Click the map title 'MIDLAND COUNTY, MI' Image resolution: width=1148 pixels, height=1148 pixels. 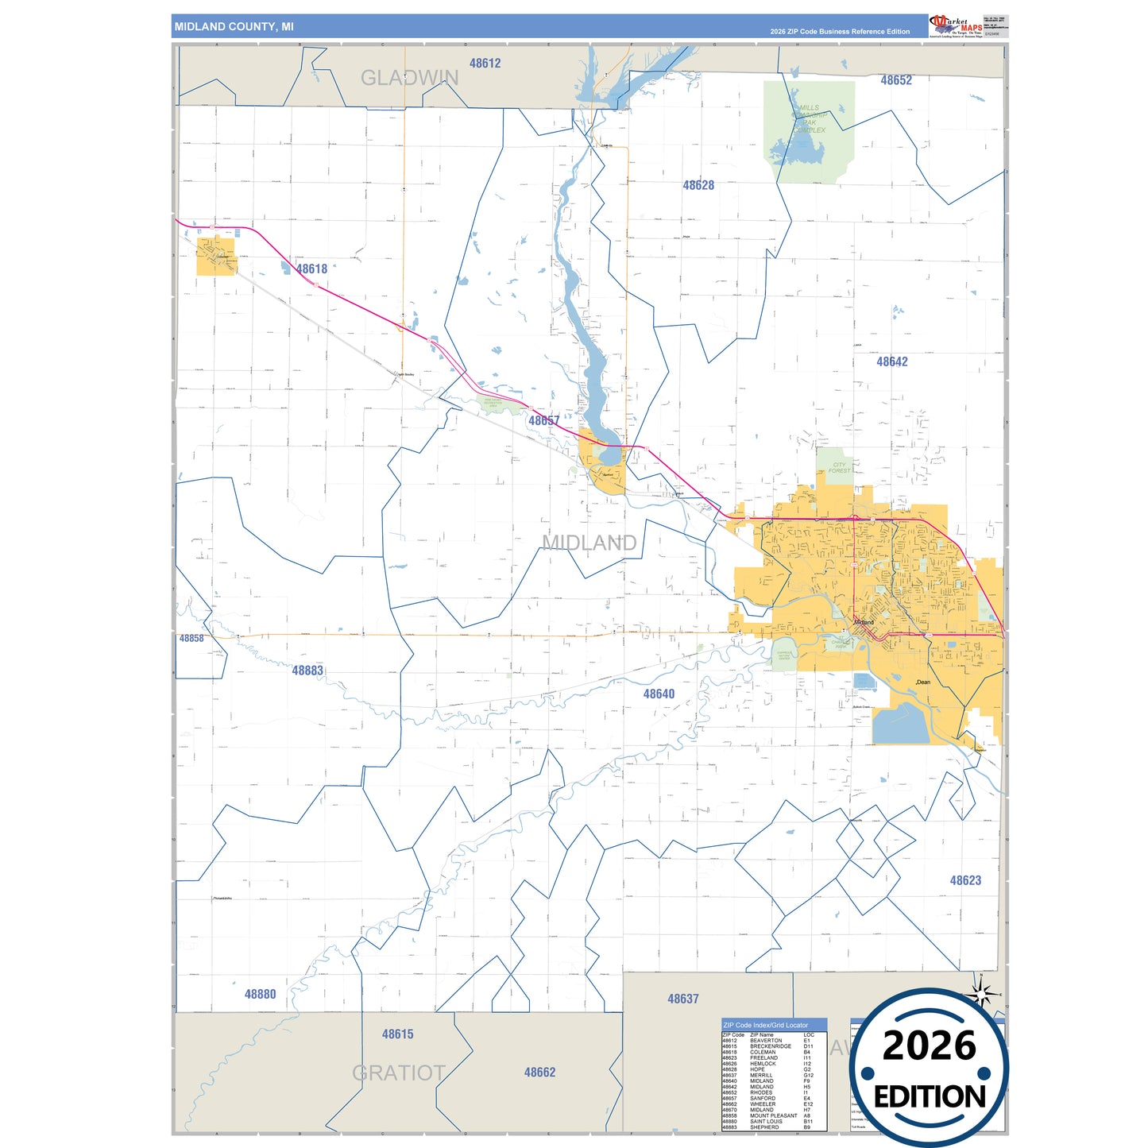pyautogui.click(x=234, y=27)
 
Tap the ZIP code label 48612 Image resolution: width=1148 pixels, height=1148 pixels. pyautogui.click(x=485, y=64)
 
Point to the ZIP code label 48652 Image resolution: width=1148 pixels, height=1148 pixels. pyautogui.click(x=895, y=80)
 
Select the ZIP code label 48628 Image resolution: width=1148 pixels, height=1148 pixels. pyautogui.click(x=698, y=185)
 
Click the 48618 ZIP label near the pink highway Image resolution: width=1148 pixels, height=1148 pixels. pyautogui.click(x=311, y=269)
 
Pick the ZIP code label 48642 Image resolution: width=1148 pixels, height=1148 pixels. pyautogui.click(x=891, y=361)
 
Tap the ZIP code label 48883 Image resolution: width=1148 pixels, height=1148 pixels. pyautogui.click(x=307, y=671)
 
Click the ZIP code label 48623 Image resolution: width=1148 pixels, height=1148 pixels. pyautogui.click(x=965, y=880)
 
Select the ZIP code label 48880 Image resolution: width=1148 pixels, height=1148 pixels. pyautogui.click(x=260, y=994)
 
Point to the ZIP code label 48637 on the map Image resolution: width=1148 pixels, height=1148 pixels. pyautogui.click(x=682, y=999)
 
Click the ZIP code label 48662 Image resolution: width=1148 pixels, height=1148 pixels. pyautogui.click(x=539, y=1072)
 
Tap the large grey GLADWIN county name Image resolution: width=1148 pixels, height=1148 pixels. pyautogui.click(x=409, y=78)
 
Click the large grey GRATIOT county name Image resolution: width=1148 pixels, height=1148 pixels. pyautogui.click(x=398, y=1073)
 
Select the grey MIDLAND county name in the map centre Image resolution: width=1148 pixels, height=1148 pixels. pyautogui.click(x=589, y=543)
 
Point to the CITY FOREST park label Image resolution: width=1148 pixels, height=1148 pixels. pyautogui.click(x=839, y=468)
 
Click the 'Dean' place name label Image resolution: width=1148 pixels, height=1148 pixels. pyautogui.click(x=923, y=682)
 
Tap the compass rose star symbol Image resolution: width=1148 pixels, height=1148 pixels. pyautogui.click(x=981, y=993)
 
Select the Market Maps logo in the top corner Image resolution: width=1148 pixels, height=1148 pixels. pyautogui.click(x=955, y=26)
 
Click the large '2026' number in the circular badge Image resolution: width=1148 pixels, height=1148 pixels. pyautogui.click(x=929, y=1046)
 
